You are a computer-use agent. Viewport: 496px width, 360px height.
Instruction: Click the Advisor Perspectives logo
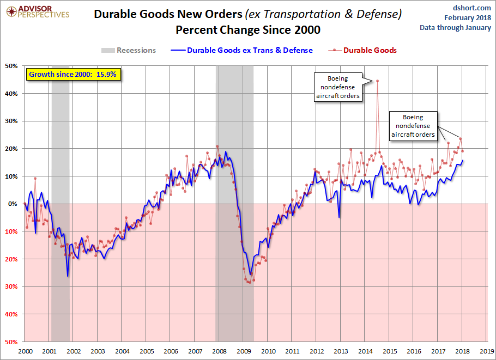[38, 11]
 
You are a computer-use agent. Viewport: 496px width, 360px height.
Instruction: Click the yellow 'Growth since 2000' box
[74, 75]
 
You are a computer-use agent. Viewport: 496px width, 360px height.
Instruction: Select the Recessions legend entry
[129, 50]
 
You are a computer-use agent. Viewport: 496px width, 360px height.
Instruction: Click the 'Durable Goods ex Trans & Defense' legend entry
[241, 50]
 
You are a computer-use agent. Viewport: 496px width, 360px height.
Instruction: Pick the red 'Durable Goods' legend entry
[362, 50]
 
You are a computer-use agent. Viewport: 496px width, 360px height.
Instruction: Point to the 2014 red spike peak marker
[377, 81]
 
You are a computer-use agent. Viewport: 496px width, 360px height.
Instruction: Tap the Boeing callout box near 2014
[338, 87]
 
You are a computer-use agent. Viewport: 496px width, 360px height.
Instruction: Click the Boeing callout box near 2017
[413, 126]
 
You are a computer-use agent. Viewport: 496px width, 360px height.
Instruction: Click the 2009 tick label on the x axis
[244, 351]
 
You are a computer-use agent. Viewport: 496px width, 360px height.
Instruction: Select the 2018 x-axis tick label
[462, 351]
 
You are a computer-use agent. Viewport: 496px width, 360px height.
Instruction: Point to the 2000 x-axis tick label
[25, 351]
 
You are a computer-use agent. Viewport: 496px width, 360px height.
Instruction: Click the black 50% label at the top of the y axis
[11, 66]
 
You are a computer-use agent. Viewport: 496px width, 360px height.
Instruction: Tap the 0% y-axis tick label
[13, 204]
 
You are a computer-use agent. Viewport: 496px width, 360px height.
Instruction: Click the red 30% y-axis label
[11, 286]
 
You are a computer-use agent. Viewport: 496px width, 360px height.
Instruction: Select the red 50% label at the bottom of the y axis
[11, 342]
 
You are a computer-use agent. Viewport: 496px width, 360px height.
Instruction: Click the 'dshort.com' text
[471, 8]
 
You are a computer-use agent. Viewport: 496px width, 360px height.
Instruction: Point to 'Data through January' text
[455, 27]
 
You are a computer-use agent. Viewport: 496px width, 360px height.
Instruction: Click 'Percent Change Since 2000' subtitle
[248, 30]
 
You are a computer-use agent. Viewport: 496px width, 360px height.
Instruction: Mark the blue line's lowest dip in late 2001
[68, 276]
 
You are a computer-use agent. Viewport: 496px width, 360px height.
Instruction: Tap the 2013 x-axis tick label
[341, 351]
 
